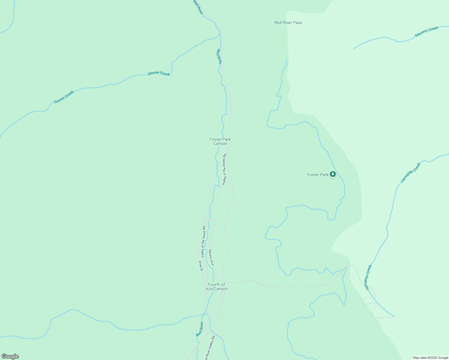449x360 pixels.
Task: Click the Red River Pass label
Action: tap(288, 22)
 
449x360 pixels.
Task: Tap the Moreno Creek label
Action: tap(426, 31)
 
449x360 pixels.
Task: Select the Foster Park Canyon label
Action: tap(220, 141)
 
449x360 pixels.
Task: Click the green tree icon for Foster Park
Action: tap(333, 174)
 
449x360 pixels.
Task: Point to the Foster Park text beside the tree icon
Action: tap(318, 175)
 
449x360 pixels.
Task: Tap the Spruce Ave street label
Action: tap(211, 257)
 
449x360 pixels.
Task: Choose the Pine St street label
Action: tap(201, 266)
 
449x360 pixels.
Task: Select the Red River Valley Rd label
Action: tap(210, 348)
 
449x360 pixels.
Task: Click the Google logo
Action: tap(10, 356)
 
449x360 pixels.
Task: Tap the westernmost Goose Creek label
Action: tap(64, 97)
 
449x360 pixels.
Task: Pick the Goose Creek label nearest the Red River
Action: tap(159, 73)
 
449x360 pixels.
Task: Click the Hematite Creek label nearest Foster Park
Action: tap(411, 173)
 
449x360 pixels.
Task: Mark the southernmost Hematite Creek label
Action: tap(369, 277)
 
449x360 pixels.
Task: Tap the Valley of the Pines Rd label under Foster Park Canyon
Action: tap(224, 169)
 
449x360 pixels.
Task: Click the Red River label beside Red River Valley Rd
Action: tap(200, 329)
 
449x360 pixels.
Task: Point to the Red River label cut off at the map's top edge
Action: tap(198, 7)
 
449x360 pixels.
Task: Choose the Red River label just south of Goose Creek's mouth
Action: tap(219, 56)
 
